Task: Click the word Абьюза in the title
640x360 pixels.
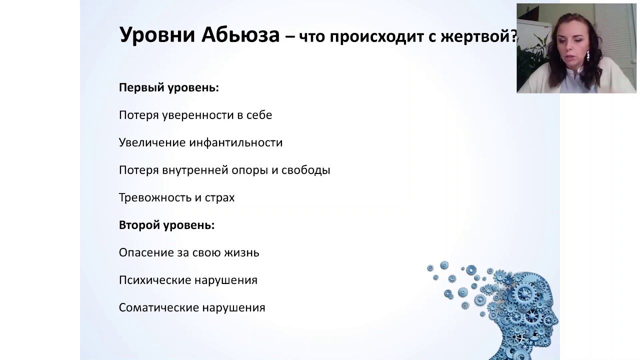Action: click(240, 35)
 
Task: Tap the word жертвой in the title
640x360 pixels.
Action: click(475, 37)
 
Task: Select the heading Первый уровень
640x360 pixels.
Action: click(169, 87)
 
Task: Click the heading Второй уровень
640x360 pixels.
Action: click(166, 225)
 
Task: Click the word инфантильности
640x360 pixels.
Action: click(235, 142)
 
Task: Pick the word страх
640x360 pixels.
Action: click(219, 197)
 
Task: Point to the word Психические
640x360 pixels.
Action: click(155, 280)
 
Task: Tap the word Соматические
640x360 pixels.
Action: click(158, 307)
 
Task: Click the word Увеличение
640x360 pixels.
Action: click(152, 142)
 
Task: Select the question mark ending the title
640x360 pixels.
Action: click(513, 36)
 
